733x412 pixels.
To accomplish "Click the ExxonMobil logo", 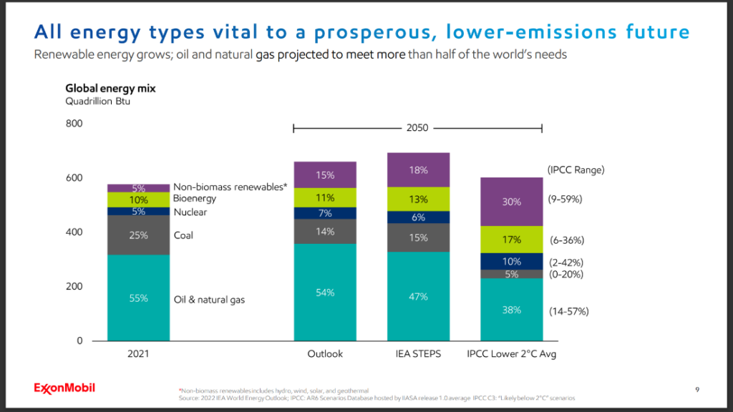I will pos(64,388).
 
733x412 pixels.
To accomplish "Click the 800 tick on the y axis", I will pos(74,124).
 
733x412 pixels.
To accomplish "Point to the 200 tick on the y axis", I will pos(74,286).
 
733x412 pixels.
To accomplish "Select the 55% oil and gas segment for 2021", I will pos(138,298).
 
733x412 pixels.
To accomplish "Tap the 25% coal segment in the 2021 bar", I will pos(138,235).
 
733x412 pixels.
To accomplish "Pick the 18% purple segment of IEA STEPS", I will pos(418,170).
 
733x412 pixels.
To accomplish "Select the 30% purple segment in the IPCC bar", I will pos(511,202).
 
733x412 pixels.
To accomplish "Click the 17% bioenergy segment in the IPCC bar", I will pos(511,240).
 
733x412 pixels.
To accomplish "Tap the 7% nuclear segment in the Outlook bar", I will pos(325,213).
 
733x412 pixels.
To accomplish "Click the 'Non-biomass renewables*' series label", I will pos(230,187).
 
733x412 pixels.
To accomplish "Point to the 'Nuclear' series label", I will pos(190,212).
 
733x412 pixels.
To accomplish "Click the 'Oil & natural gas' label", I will pos(209,300).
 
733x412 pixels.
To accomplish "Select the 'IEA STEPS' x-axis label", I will pos(418,354).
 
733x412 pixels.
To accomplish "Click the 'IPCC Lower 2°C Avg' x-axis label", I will pos(511,354).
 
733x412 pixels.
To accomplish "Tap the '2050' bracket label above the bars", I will pos(417,128).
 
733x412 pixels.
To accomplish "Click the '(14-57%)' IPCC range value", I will pos(569,312).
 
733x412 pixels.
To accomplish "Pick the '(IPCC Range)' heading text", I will pos(576,170).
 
